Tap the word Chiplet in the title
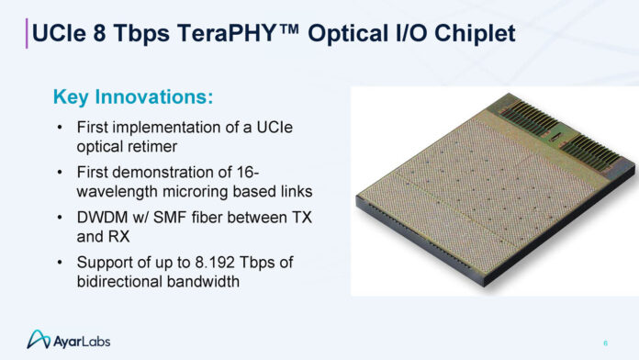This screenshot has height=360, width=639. tap(476, 34)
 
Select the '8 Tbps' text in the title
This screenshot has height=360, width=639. tap(121, 34)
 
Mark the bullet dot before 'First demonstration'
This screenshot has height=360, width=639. tap(61, 171)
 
